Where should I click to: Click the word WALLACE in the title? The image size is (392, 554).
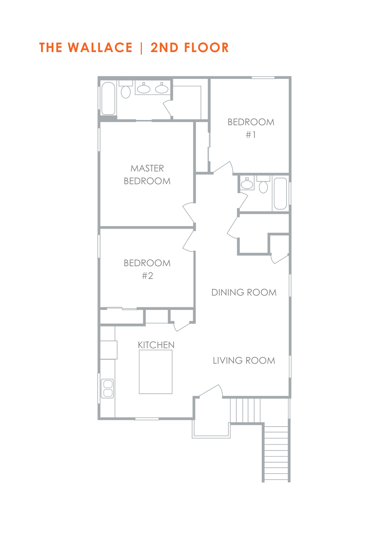100,48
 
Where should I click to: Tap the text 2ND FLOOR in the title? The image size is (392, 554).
190,48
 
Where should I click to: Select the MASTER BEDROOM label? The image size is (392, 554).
147,175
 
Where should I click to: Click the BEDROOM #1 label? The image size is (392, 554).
251,128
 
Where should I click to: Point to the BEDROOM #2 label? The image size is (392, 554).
147,269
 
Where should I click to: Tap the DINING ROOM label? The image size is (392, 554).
244,293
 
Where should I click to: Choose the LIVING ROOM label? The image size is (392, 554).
244,361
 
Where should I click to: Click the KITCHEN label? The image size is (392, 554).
156,345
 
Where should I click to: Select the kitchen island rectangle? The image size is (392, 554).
156,372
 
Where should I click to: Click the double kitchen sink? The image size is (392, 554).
107,389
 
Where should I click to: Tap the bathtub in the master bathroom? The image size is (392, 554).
108,98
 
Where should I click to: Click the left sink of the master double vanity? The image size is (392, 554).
144,88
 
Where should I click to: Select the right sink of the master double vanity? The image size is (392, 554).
162,88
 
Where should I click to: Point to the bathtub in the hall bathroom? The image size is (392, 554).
280,194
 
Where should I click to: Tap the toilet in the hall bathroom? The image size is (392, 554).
263,184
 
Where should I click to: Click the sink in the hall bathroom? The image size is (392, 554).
247,183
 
